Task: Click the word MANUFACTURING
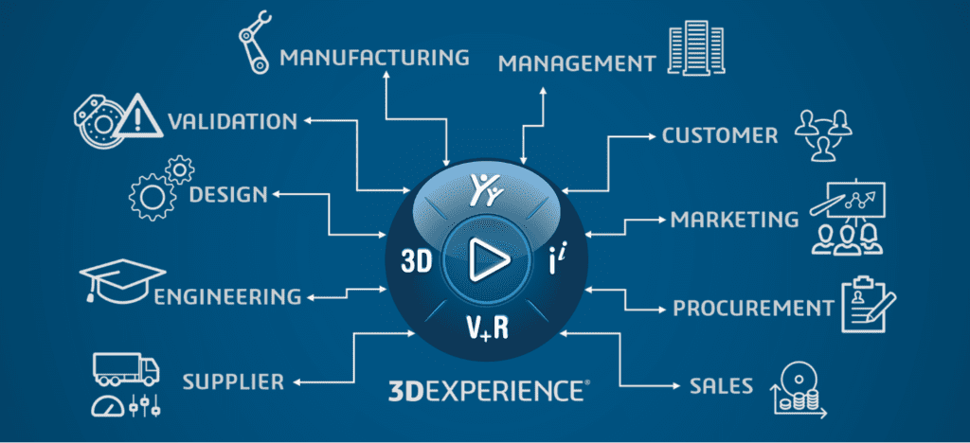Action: click(374, 58)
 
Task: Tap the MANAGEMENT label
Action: click(577, 64)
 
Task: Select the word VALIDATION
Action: click(232, 121)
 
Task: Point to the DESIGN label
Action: click(228, 194)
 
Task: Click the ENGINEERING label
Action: click(227, 297)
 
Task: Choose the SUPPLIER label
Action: click(233, 382)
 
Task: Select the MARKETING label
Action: click(734, 220)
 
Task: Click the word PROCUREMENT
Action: click(752, 308)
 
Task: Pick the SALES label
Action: click(722, 386)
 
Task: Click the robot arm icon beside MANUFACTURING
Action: click(255, 42)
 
